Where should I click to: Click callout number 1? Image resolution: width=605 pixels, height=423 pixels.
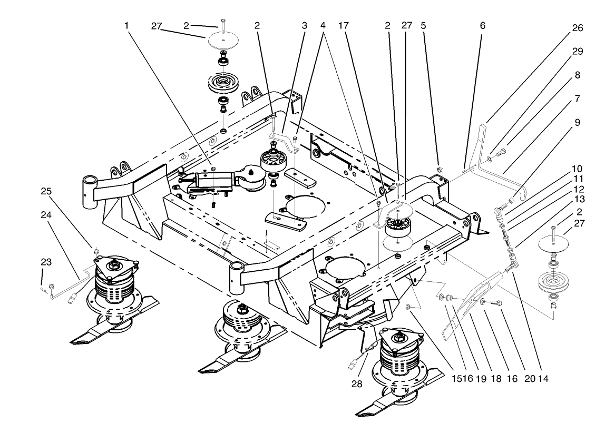pyautogui.click(x=126, y=25)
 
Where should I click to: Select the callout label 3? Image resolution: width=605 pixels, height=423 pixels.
pyautogui.click(x=304, y=25)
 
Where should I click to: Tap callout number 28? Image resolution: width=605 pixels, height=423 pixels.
pyautogui.click(x=357, y=384)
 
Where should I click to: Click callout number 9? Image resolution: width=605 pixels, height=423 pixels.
pyautogui.click(x=578, y=122)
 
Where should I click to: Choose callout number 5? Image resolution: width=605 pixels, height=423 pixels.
pyautogui.click(x=423, y=25)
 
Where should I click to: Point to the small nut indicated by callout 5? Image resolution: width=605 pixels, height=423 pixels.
pyautogui.click(x=440, y=170)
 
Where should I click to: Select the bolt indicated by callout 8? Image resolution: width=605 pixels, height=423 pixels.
pyautogui.click(x=501, y=152)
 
